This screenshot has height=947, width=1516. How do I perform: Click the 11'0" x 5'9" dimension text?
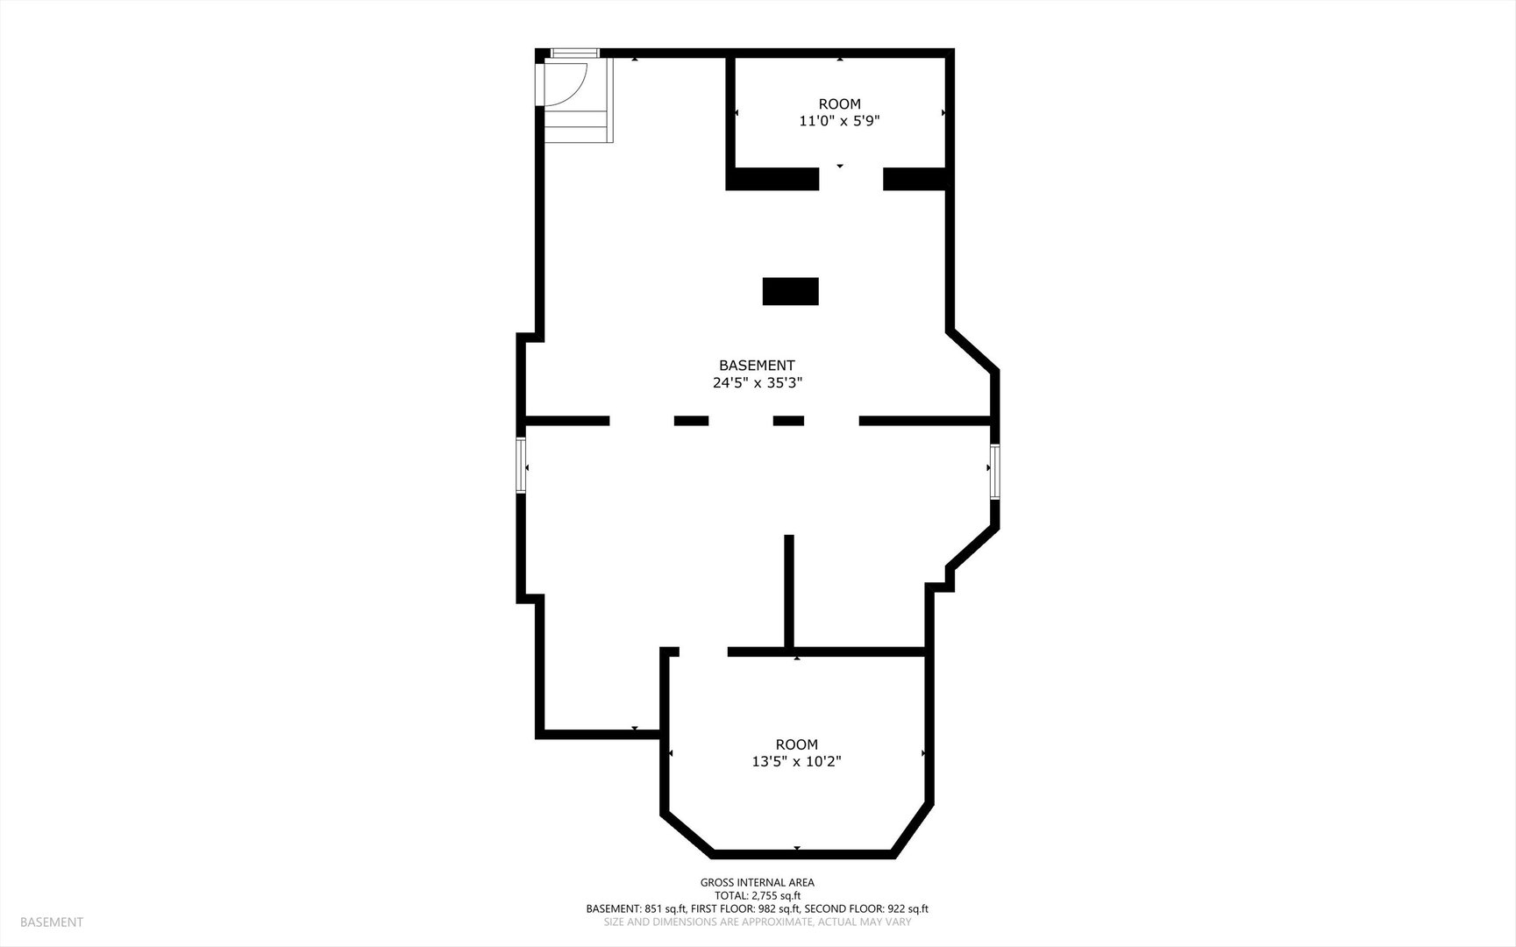839,121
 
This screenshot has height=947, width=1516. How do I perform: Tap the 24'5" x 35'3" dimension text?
758,382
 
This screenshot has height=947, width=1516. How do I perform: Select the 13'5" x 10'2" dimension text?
796,762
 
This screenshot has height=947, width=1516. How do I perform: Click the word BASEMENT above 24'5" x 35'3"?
757,365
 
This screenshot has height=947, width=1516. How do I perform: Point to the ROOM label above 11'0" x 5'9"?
840,103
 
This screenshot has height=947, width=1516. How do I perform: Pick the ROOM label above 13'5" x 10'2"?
796,744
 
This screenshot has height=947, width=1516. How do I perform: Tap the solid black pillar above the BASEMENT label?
790,291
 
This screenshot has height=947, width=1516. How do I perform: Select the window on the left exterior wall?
521,466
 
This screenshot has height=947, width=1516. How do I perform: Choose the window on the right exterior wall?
995,472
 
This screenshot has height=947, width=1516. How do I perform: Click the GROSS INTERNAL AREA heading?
758,883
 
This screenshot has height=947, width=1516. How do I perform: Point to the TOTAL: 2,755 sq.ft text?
758,896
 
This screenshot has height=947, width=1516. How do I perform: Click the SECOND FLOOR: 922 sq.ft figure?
866,909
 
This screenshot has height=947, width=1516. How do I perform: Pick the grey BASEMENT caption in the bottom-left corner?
52,922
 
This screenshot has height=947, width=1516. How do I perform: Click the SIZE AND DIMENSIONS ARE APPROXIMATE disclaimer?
758,922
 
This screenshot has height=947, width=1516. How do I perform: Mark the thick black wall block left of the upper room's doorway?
772,178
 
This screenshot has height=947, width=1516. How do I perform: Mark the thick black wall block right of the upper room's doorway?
915,178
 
